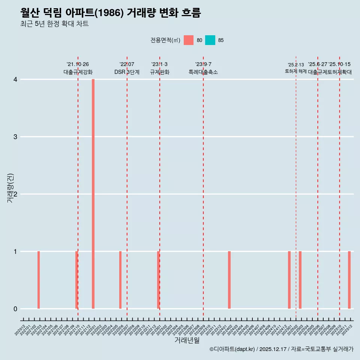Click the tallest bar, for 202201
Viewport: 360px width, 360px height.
click(93, 194)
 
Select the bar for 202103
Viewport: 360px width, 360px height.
click(39, 280)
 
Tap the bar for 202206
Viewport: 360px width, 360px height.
click(120, 280)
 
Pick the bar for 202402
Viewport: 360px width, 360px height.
click(229, 280)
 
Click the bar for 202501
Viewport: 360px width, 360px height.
click(289, 280)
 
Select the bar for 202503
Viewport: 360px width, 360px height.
click(300, 280)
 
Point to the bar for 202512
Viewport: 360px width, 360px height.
click(349, 280)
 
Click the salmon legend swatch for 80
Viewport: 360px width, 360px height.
click(189, 40)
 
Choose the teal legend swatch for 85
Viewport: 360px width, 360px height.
click(210, 40)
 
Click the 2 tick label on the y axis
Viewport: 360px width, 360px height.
click(15, 194)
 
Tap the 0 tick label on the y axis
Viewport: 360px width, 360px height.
click(15, 309)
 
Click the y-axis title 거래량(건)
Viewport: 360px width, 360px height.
click(10, 188)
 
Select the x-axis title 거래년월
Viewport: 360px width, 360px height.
click(187, 340)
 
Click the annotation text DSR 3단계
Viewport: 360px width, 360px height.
click(127, 72)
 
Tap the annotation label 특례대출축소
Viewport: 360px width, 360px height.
click(203, 72)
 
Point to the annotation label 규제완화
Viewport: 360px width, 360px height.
click(159, 72)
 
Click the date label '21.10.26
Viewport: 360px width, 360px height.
click(78, 64)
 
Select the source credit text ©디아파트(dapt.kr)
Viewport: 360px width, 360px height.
click(232, 349)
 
